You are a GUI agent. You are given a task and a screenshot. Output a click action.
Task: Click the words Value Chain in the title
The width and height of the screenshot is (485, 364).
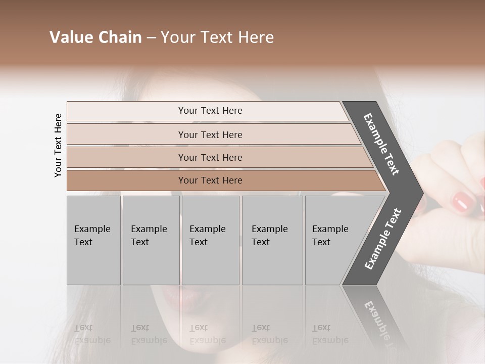click(x=95, y=37)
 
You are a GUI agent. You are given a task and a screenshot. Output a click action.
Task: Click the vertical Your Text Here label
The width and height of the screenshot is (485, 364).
click(x=58, y=146)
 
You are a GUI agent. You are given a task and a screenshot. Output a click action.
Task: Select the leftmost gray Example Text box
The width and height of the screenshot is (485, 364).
click(x=93, y=240)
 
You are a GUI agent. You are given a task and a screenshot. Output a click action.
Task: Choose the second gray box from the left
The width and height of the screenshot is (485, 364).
click(x=151, y=240)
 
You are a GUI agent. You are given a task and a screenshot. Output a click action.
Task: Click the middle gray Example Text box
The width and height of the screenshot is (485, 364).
click(x=210, y=240)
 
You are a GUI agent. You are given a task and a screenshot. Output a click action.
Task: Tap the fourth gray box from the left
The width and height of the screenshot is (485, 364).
click(x=272, y=240)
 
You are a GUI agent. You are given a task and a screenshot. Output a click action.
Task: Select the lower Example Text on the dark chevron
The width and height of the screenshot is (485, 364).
click(x=383, y=239)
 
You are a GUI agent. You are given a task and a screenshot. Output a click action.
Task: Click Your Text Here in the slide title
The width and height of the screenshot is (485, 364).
click(x=217, y=37)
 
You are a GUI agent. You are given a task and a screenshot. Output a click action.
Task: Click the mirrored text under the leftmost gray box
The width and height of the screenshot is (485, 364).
click(x=92, y=334)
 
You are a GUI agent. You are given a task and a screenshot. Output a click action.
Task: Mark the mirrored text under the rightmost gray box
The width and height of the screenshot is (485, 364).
click(x=330, y=334)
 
